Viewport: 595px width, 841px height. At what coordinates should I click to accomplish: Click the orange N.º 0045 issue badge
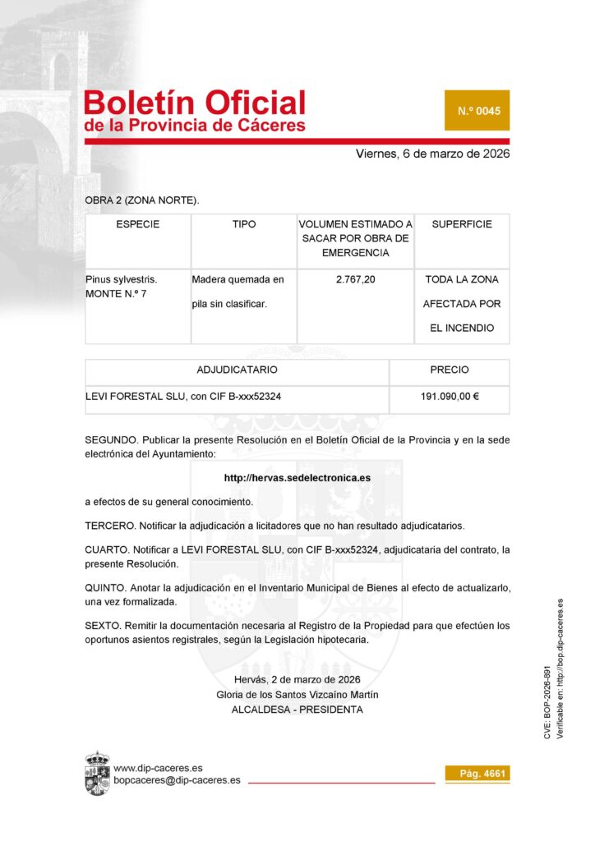477,110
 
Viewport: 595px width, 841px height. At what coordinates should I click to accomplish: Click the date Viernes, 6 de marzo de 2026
433,154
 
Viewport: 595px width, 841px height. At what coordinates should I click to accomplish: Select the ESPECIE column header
137,224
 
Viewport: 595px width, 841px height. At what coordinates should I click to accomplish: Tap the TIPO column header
244,224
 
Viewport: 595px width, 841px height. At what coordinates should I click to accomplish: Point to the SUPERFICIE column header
462,224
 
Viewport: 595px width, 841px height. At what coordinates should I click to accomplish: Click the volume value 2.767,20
356,280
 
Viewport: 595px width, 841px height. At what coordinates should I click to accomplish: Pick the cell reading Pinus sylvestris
121,280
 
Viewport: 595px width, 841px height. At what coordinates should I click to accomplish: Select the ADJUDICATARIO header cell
237,370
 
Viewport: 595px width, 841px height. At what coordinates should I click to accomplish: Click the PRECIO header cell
450,370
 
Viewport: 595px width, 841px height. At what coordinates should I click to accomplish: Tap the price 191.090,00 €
450,397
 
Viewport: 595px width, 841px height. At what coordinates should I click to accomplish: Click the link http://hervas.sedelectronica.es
297,477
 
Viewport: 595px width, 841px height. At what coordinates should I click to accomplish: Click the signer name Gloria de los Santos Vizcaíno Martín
297,695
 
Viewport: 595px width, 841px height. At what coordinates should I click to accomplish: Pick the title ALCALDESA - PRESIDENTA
297,710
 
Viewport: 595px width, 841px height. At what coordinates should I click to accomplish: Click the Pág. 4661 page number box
477,774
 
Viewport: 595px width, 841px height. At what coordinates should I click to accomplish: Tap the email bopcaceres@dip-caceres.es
177,780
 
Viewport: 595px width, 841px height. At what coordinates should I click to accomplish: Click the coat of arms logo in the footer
98,773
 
